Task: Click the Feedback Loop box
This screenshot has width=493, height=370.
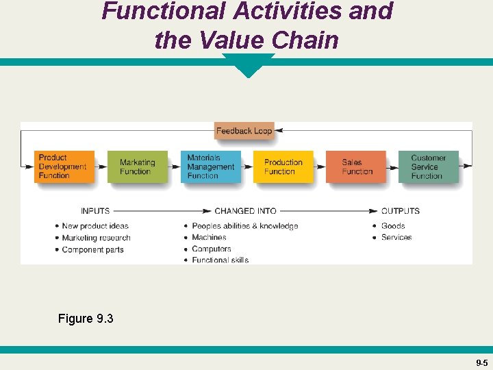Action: click(x=244, y=131)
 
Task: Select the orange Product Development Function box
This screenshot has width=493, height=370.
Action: click(x=64, y=166)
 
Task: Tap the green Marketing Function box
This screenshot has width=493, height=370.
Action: click(x=137, y=166)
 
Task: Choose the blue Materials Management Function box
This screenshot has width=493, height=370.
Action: click(x=210, y=166)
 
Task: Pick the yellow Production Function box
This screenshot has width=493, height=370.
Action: click(x=283, y=166)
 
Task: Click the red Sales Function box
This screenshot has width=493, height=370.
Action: click(x=356, y=166)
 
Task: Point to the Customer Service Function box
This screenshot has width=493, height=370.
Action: click(x=428, y=166)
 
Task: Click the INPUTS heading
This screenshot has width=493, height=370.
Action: click(x=95, y=211)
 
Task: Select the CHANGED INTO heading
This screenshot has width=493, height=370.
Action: click(x=245, y=211)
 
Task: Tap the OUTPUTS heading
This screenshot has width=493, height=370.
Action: click(x=401, y=211)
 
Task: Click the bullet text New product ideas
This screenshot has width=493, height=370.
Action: click(x=95, y=226)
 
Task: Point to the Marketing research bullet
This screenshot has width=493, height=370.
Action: click(x=96, y=238)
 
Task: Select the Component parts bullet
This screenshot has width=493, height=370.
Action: click(x=92, y=249)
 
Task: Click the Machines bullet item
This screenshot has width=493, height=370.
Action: click(x=209, y=237)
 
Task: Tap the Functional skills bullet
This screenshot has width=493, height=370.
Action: click(x=220, y=260)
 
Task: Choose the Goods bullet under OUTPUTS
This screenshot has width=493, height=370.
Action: click(x=393, y=226)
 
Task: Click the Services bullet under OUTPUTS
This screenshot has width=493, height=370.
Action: click(x=396, y=237)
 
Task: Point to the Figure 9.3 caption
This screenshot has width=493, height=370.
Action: click(x=86, y=319)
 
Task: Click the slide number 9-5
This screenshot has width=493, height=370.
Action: click(x=481, y=362)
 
